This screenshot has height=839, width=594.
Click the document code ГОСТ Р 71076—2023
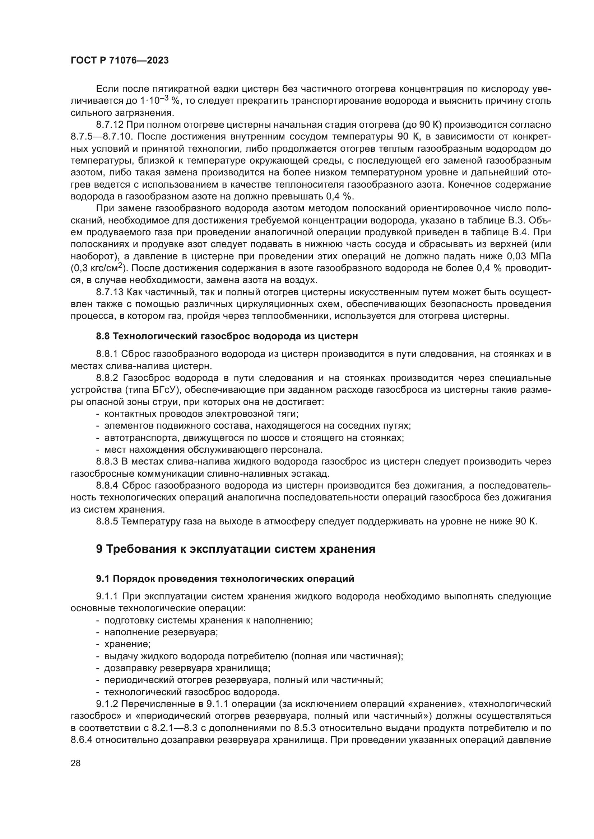tap(120, 61)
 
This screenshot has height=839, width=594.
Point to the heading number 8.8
tap(103, 336)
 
